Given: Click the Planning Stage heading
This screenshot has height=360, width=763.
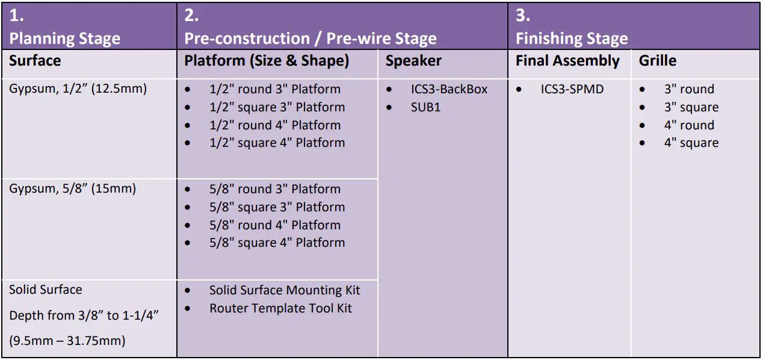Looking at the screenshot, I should tap(65, 39).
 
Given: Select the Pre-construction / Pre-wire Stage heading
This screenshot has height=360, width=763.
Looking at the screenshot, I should tap(310, 39).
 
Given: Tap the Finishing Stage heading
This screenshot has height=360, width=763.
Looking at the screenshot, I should tap(571, 39).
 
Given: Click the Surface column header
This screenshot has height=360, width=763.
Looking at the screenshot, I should tap(35, 61).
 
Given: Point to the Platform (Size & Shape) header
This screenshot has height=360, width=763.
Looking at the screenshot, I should tap(267, 61).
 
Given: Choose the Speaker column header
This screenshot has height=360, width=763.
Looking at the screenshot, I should tap(413, 61).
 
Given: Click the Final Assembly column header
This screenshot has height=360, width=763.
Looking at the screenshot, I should tap(567, 61).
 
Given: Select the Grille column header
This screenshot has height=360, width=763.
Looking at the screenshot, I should tap(657, 61).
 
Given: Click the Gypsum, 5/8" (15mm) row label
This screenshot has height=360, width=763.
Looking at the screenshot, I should tap(72, 189).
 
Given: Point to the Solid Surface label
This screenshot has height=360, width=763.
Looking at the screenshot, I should tap(45, 290).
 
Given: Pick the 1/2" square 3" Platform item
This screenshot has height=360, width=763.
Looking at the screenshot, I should tap(277, 107).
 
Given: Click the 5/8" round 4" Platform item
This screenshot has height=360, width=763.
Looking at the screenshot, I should tap(274, 225).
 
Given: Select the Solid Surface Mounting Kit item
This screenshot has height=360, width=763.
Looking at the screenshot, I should tap(284, 290).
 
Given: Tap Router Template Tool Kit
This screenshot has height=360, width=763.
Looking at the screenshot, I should tap(280, 308).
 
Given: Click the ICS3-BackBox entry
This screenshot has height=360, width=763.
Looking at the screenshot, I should tap(449, 89).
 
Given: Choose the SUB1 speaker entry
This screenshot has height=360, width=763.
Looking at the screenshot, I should tap(425, 107).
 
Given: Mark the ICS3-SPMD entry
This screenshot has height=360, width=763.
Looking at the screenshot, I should tap(572, 89).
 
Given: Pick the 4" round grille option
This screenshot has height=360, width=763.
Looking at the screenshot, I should tap(689, 125).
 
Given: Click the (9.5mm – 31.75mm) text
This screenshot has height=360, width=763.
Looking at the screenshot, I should tap(67, 341).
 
